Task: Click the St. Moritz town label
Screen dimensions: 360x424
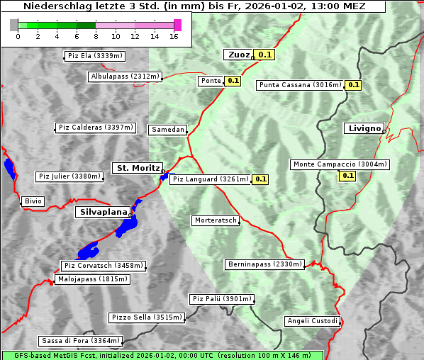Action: [x=137, y=168]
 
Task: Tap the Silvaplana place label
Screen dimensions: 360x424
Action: [x=103, y=212]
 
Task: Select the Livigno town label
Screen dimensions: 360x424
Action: [x=364, y=128]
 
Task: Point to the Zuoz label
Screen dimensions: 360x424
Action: [x=238, y=55]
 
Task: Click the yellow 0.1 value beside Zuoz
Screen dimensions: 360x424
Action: [x=265, y=55]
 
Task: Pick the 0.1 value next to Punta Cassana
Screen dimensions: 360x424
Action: [x=353, y=85]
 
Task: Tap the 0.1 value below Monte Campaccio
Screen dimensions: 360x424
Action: [x=348, y=176]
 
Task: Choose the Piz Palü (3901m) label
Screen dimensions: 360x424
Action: [x=221, y=299]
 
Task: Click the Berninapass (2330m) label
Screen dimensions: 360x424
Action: [x=265, y=264]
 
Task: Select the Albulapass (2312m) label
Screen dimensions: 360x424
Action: [x=125, y=77]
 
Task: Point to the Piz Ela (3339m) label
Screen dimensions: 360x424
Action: [x=94, y=55]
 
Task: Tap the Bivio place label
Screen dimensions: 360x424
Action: [x=33, y=201]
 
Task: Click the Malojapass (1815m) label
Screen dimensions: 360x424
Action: [x=93, y=279]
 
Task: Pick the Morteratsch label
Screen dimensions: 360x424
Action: [x=216, y=220]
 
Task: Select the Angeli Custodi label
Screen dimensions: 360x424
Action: [x=313, y=321]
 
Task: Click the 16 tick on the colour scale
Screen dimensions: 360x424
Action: [x=173, y=37]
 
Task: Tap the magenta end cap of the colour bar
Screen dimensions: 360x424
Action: [x=177, y=25]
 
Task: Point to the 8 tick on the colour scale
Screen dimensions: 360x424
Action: [x=95, y=37]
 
